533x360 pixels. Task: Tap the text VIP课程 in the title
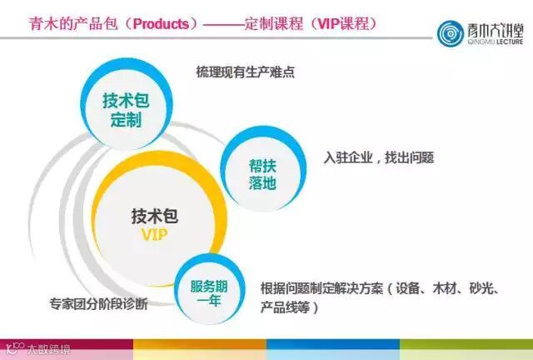338,23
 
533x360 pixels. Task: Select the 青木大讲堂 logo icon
455,33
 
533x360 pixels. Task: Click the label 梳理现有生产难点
245,72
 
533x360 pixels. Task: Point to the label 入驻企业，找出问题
379,157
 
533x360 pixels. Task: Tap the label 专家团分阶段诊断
98,304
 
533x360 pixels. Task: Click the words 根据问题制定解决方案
321,289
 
